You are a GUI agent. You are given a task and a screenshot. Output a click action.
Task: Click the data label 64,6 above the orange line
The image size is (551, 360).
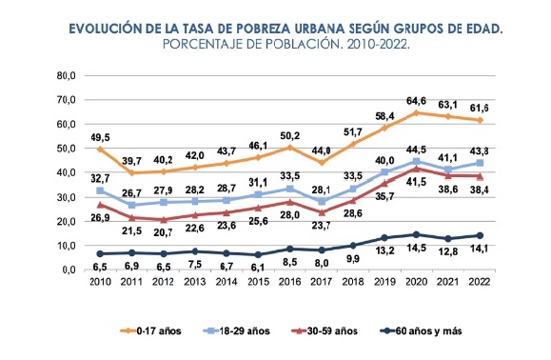[416, 101]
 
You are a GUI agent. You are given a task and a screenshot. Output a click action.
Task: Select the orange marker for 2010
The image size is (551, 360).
[100, 150]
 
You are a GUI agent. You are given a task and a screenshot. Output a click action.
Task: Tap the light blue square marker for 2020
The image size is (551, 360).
[416, 162]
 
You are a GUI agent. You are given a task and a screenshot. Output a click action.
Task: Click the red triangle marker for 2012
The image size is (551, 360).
[164, 220]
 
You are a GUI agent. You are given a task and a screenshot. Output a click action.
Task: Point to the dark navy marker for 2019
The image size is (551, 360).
[384, 238]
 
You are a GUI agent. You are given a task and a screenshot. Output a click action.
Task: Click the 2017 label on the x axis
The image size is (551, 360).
[322, 282]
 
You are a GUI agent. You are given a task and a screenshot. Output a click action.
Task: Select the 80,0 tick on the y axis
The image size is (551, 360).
[67, 75]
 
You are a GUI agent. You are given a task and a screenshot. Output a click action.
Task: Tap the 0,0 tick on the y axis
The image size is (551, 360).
[69, 270]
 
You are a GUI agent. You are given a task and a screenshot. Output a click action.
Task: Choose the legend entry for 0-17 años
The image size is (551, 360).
[150, 330]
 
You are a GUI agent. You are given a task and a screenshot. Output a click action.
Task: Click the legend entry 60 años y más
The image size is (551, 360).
[422, 330]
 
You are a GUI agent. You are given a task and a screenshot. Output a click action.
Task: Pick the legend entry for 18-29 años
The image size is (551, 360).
[237, 330]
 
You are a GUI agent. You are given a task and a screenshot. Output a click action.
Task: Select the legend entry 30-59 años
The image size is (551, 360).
[325, 330]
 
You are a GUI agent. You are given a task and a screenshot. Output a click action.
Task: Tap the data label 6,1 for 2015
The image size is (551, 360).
[258, 268]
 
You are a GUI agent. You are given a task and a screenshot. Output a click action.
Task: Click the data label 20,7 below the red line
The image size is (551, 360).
[164, 232]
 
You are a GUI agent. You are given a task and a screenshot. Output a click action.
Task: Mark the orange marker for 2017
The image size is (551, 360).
[322, 163]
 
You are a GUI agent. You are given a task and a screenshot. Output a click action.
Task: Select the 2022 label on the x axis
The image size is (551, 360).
[480, 282]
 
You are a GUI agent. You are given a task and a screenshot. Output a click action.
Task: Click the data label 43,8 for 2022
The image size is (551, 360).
[480, 151]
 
